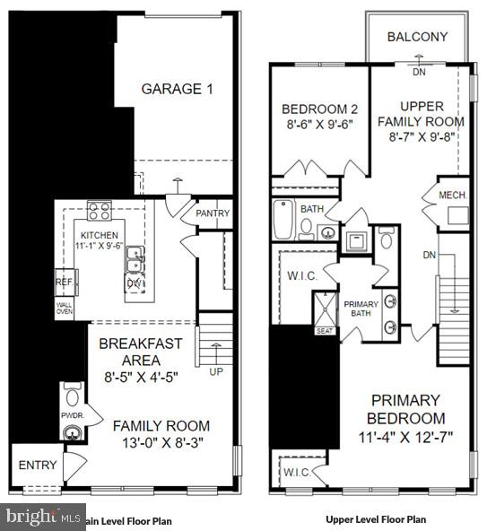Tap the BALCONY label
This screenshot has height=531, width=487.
coord(417,37)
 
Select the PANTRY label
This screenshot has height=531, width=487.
coord(213,213)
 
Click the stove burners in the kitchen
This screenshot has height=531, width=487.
coord(99,213)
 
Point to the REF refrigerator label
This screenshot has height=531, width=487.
coord(63,281)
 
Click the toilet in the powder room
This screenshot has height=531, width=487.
coord(72,396)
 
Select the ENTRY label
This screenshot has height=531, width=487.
coord(37,466)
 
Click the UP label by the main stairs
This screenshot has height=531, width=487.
coord(215,370)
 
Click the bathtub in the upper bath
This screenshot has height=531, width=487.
coord(283,219)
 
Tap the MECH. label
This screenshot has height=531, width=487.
coord(451,195)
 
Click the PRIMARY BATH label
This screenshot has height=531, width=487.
coord(362,309)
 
